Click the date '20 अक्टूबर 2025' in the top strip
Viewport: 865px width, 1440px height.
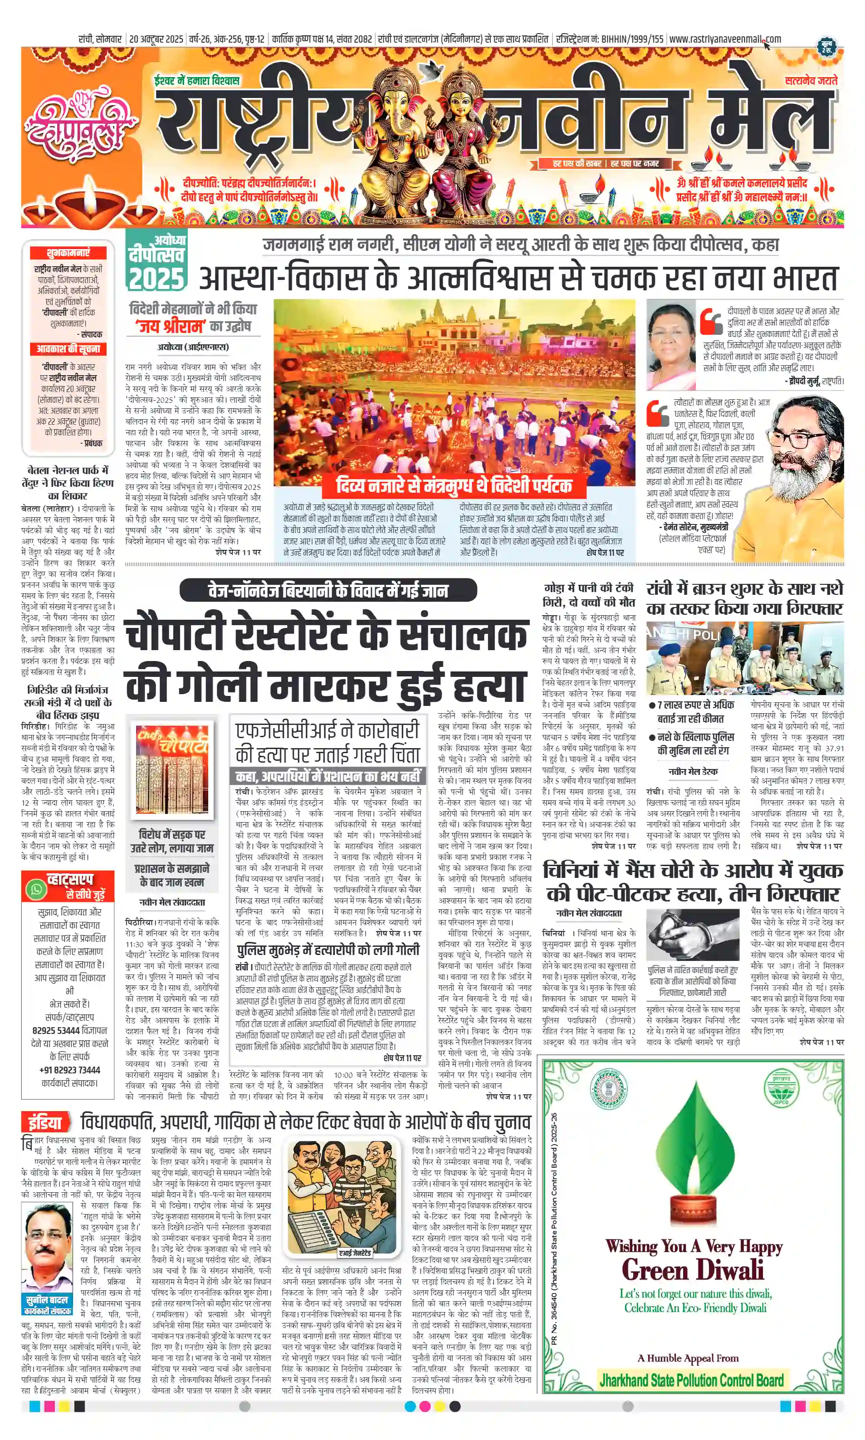pos(156,39)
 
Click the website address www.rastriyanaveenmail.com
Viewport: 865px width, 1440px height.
pos(724,39)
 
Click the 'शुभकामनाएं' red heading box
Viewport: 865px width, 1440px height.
pos(68,252)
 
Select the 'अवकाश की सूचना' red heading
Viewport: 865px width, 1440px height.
pos(68,348)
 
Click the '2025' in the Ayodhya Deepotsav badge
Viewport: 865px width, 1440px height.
pos(156,279)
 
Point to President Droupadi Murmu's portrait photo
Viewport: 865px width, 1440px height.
pos(671,345)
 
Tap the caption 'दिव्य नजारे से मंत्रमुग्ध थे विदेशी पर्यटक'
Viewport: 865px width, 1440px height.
pos(454,485)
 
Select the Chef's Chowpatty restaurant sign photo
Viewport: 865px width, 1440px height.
pos(171,769)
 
